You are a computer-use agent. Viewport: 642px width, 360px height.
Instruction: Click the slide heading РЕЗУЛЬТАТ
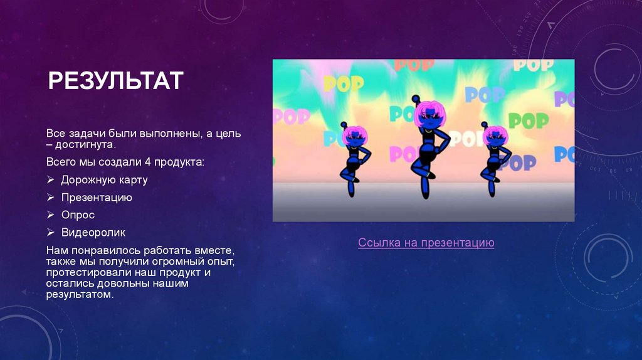117,80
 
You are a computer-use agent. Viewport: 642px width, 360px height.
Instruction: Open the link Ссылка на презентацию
426,243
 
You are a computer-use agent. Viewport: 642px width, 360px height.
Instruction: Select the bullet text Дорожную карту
104,180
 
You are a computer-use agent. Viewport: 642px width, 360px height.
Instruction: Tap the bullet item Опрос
78,215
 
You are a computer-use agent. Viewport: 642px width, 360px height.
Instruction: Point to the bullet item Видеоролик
93,233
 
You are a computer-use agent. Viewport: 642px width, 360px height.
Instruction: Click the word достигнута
85,144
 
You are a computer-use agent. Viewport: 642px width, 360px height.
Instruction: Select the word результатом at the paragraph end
80,294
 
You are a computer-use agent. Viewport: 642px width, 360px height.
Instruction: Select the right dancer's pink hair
495,134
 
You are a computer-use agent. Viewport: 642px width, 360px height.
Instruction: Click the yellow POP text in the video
343,83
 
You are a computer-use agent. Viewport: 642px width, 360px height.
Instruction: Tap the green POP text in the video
528,120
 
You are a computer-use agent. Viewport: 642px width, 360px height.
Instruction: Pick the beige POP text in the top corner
534,64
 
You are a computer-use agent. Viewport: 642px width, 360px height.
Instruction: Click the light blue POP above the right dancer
485,95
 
